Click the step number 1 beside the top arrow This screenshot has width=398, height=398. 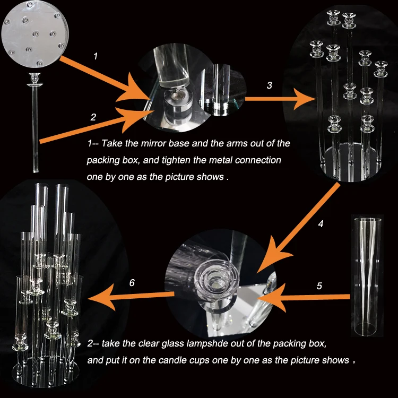[96, 56]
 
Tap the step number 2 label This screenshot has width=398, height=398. [93, 117]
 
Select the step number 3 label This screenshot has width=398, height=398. [269, 85]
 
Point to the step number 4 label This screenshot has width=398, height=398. [321, 223]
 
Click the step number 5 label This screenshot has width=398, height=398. [319, 286]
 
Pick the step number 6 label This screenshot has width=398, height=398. [132, 283]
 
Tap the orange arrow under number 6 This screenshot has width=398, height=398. [131, 297]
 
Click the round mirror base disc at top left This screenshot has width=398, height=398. [35, 34]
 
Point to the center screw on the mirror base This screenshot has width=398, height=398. [36, 34]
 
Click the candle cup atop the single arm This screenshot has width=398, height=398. [35, 79]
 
